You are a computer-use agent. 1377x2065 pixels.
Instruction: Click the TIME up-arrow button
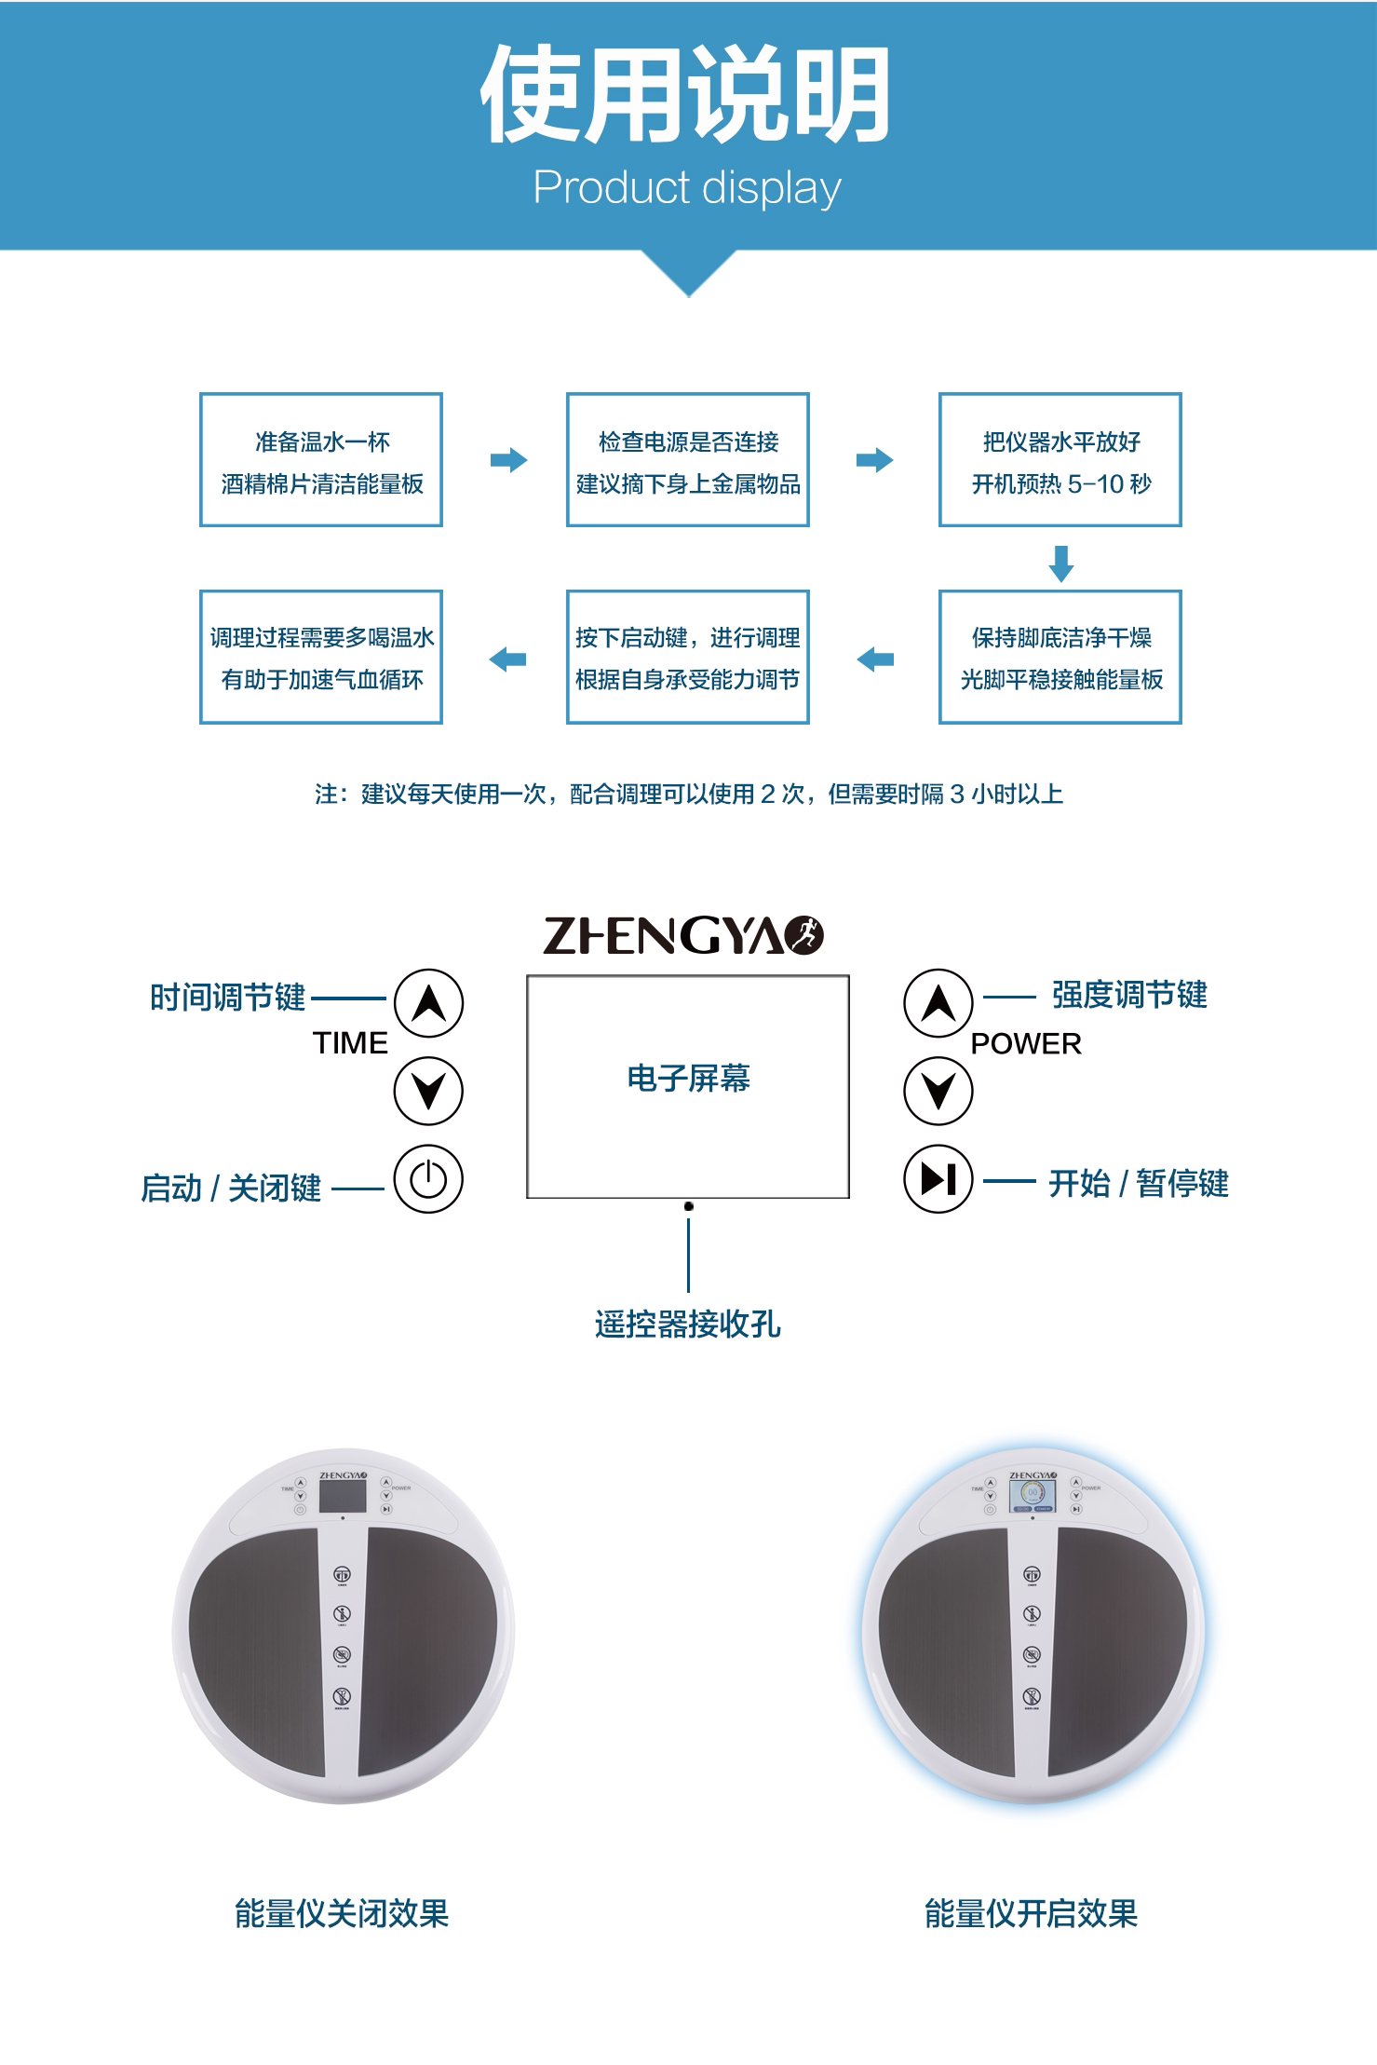(428, 1003)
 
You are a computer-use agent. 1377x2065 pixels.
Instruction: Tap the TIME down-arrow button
(428, 1090)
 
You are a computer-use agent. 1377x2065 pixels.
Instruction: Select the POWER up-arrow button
(938, 1003)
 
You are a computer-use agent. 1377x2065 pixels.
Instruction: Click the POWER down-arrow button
(938, 1090)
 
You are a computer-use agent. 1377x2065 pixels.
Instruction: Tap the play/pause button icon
(938, 1179)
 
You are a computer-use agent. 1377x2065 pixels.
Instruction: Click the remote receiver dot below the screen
(688, 1206)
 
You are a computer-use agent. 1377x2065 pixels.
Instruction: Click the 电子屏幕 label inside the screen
(688, 1079)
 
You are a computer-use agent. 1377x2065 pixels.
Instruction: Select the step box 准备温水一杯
(321, 460)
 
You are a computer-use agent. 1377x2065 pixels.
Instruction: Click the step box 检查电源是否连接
(688, 460)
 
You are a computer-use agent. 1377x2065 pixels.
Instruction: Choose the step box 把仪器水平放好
(1060, 460)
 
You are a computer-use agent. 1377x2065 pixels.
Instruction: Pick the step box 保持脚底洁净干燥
(1060, 658)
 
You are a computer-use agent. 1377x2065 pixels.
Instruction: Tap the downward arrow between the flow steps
(1061, 564)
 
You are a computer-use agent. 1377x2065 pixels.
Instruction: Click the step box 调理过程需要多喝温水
(321, 658)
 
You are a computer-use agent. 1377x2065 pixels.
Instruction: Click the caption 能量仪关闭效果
(342, 1914)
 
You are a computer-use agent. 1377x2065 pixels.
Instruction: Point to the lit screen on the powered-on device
(1033, 1496)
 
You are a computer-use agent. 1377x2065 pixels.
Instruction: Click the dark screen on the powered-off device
(343, 1496)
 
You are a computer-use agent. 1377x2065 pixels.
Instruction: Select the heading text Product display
(687, 187)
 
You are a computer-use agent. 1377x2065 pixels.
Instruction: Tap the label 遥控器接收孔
(688, 1324)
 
